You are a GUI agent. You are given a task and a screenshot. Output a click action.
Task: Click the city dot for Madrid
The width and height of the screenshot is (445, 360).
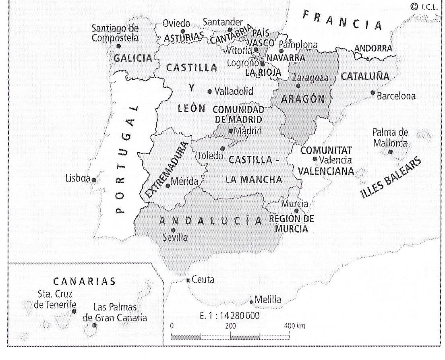coord(231,131)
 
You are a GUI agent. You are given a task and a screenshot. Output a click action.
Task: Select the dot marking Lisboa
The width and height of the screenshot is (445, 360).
coord(94,180)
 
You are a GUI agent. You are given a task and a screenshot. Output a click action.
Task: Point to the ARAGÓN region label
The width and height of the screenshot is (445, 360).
coord(303,99)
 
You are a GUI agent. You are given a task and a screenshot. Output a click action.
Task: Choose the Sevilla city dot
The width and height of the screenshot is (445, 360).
coord(174,230)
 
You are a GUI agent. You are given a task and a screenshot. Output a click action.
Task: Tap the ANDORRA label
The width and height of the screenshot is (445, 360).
coord(373,49)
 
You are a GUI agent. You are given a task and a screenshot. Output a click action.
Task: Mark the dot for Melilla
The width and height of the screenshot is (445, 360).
coord(251,302)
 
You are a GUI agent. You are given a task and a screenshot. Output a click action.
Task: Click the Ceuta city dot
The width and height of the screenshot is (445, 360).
coord(188,280)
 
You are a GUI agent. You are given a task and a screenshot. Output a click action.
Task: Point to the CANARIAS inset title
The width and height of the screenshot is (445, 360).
coord(84,281)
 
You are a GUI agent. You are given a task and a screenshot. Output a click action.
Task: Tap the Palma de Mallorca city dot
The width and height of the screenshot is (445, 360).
coord(390,152)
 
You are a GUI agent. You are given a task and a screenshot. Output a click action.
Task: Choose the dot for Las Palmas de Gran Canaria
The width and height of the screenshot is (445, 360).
coord(94,325)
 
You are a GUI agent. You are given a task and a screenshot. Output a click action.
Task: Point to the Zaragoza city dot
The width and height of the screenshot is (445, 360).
coord(298,86)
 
